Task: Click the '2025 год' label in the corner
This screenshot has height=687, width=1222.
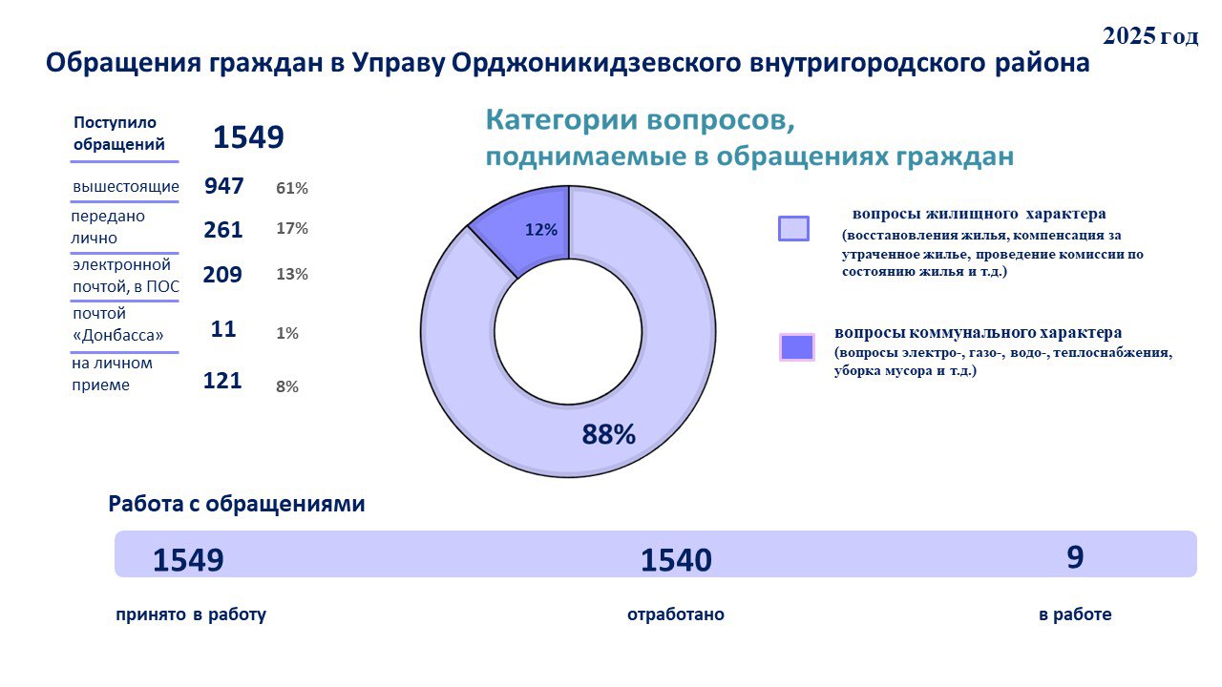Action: (1149, 36)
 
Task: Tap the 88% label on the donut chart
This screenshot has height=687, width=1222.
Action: (609, 435)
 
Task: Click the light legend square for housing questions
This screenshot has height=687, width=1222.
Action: (793, 229)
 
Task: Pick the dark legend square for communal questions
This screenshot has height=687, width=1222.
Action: (796, 347)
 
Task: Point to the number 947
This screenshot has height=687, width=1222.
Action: (224, 186)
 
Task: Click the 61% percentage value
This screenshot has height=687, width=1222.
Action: (292, 189)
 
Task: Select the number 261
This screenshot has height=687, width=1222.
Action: (223, 230)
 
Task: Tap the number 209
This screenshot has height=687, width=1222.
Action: (222, 275)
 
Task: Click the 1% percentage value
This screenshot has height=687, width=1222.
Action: (287, 334)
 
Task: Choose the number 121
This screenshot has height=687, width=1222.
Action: (222, 381)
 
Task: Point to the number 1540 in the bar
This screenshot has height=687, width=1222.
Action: (676, 560)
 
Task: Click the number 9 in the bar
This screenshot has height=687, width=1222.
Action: (1075, 557)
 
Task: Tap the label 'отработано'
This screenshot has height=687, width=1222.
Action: (675, 614)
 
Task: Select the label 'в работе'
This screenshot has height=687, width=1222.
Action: (1075, 614)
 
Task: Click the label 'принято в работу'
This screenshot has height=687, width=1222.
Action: (191, 614)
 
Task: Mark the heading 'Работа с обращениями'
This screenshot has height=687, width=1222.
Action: (237, 504)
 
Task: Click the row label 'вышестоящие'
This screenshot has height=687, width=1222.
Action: (126, 186)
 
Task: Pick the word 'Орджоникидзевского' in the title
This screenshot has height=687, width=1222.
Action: (598, 64)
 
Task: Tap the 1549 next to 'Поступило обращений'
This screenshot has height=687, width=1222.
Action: (248, 137)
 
